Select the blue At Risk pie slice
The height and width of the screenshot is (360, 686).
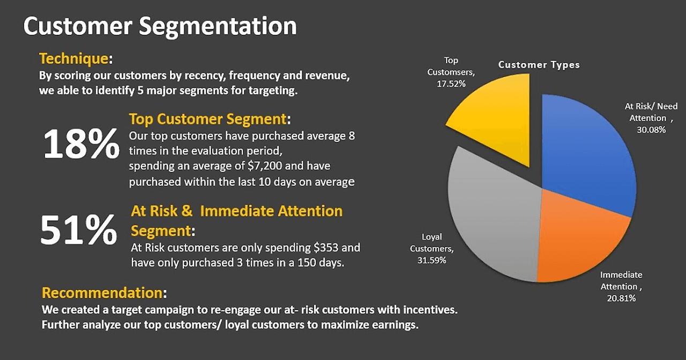(x=585, y=153)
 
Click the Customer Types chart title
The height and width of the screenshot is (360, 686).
(x=539, y=65)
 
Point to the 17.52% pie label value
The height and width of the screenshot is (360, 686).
(x=451, y=84)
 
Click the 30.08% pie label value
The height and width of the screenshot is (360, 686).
(x=651, y=130)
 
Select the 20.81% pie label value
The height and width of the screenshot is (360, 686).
(x=621, y=298)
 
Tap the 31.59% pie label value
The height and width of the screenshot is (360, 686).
(x=432, y=260)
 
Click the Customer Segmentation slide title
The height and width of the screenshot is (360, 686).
(x=160, y=26)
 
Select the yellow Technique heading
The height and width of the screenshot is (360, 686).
(x=73, y=58)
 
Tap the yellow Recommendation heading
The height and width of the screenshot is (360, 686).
(x=102, y=292)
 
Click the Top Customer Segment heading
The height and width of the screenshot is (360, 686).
(x=207, y=119)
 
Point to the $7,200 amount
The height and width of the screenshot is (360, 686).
(x=265, y=166)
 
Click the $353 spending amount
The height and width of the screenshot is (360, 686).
(x=326, y=247)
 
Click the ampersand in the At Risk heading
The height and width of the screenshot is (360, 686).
(x=187, y=211)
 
